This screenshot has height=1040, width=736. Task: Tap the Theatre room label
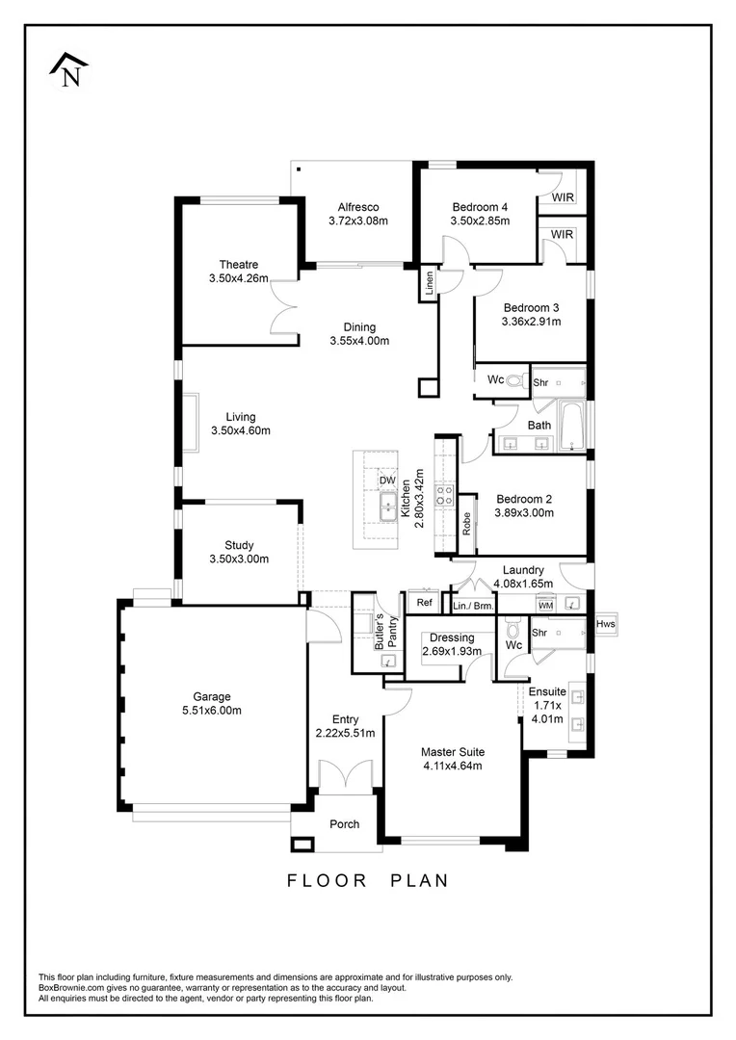click(x=238, y=265)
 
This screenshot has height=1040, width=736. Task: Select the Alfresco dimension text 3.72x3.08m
click(x=357, y=221)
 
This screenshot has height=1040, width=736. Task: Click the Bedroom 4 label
click(x=479, y=207)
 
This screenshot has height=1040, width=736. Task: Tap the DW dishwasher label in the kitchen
click(x=387, y=480)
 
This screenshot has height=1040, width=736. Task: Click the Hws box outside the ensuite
click(x=605, y=624)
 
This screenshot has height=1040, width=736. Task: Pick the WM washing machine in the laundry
click(x=544, y=605)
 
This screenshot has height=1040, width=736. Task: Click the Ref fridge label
click(x=423, y=603)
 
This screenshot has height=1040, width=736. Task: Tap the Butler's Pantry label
click(x=385, y=632)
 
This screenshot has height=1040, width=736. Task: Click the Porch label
click(x=344, y=824)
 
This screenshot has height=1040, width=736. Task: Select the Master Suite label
click(x=452, y=752)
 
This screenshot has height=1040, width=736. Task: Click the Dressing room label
click(x=451, y=637)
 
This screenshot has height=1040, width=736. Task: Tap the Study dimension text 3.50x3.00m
click(x=239, y=559)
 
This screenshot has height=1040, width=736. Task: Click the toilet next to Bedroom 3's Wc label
click(x=514, y=380)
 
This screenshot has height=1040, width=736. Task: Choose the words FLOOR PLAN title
click(x=367, y=880)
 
